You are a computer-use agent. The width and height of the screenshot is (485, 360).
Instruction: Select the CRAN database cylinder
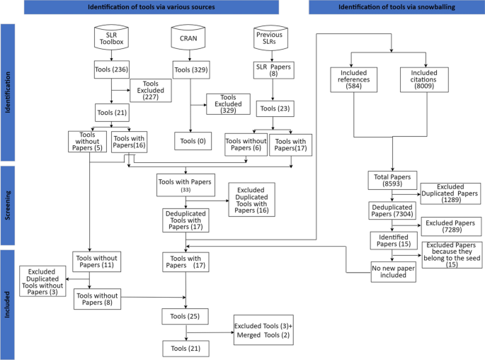187,37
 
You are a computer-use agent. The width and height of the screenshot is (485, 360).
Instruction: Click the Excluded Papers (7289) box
451,226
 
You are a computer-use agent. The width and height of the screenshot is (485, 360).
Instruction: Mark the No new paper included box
392,271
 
